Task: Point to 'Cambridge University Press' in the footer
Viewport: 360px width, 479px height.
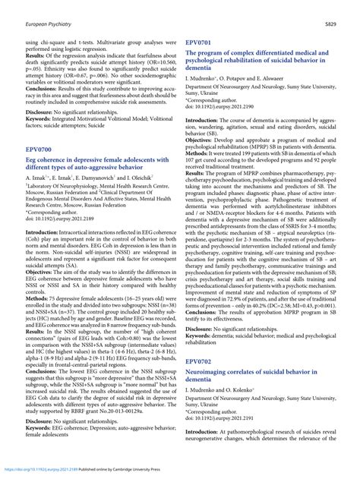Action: click(158, 471)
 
